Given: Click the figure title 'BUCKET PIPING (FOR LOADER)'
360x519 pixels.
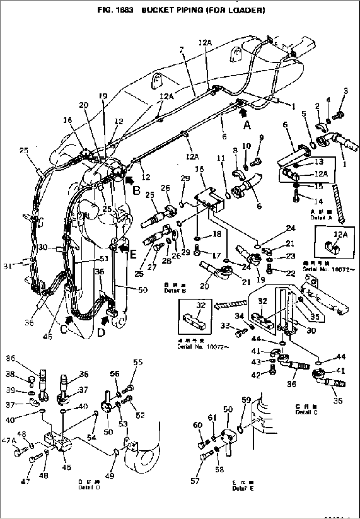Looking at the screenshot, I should tap(203, 10).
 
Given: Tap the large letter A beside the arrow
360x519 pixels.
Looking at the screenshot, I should tap(247, 125).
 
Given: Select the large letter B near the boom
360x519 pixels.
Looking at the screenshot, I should tap(136, 190).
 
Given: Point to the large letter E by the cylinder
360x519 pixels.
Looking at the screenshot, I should tap(133, 254).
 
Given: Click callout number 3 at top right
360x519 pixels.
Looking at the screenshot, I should tap(346, 91).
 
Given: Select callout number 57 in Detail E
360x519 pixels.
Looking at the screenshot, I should tap(195, 481).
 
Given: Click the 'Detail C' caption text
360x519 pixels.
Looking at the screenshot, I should tap(306, 412).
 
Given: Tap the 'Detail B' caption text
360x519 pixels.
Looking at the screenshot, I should tap(175, 291).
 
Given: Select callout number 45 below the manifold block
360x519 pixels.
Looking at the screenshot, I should tap(67, 467).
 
